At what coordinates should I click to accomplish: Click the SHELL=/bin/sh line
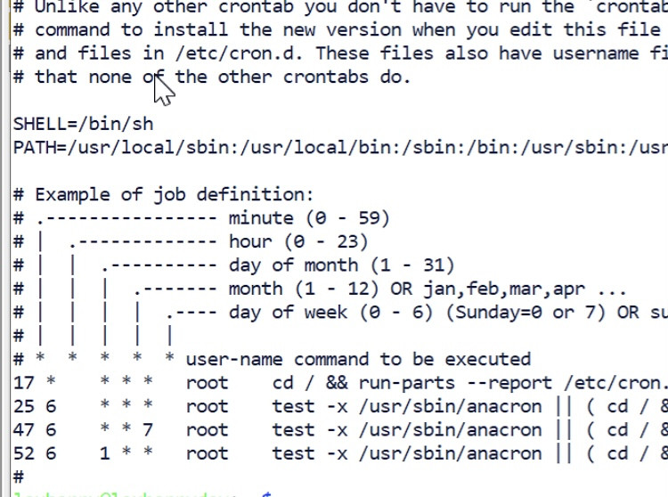tap(83, 124)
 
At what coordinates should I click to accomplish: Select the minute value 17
tap(24, 383)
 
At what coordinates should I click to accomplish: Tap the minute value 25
tap(24, 406)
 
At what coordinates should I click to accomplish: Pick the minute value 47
tap(24, 429)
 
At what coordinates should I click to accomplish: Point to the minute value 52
tap(24, 452)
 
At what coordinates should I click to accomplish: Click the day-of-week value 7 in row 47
tap(148, 429)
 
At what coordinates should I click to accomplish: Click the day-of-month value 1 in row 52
tap(104, 452)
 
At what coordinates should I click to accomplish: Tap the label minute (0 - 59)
tap(309, 218)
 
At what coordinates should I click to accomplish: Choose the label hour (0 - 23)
tap(298, 241)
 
